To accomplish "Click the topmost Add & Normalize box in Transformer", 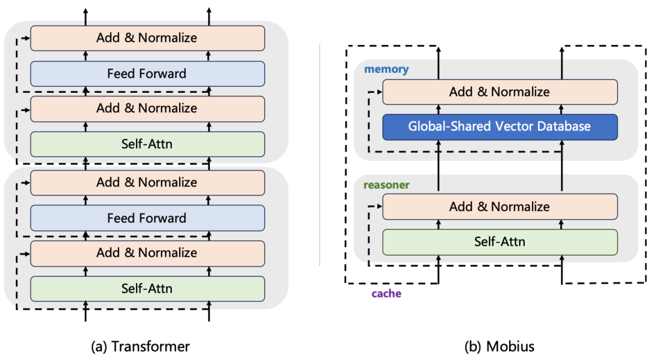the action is coord(147,38).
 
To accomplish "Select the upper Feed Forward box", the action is coord(147,73).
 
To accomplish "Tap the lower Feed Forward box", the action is coord(147,218).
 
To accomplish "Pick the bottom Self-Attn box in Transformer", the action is coord(147,288).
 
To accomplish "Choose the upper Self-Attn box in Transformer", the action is coord(147,144).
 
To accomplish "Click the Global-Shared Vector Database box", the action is coord(500,127).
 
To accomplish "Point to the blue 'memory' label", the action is coord(386,69).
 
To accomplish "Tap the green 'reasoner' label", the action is coord(386,185).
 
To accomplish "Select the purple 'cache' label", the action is coord(386,293).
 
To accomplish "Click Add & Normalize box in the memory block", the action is coord(500,92).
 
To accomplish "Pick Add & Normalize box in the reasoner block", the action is coord(500,206).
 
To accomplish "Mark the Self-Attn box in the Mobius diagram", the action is coord(500,242).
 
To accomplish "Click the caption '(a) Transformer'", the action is coord(140,347).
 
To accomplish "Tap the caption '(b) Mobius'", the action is coord(499,347).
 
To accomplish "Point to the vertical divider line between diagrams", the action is coord(319,155).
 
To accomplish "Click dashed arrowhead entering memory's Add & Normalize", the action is coord(380,92).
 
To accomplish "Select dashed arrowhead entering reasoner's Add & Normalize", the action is coord(380,206).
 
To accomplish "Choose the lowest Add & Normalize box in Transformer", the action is coord(147,253).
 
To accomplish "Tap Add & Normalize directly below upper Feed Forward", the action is coord(147,109).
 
